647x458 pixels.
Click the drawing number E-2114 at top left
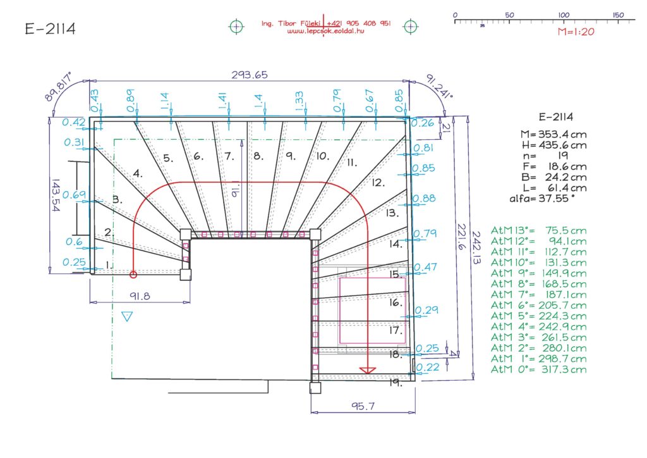51,28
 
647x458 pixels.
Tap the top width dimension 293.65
249,75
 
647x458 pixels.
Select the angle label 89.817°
58,86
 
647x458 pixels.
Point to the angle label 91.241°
439,86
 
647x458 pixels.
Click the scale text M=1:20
576,32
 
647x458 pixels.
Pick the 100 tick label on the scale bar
564,15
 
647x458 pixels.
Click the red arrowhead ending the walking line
367,371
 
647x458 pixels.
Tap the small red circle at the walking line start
133,275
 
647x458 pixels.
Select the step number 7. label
229,156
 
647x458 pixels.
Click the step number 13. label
392,213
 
